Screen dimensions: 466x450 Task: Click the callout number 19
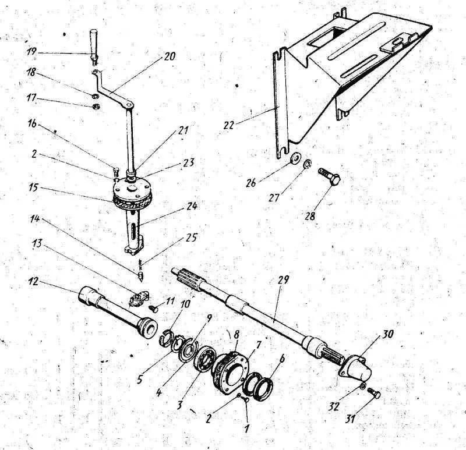point(31,52)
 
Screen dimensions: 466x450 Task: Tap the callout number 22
point(229,125)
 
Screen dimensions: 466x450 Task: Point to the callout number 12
point(34,281)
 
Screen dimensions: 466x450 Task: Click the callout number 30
point(387,335)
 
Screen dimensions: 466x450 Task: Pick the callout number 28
point(310,215)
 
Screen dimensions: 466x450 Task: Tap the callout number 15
point(34,188)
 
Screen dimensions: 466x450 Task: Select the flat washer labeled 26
point(295,157)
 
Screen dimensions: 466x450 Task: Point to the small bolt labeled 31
point(374,393)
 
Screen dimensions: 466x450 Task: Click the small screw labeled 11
point(154,309)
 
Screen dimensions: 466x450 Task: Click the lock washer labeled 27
point(308,164)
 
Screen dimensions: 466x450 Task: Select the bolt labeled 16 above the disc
point(116,172)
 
